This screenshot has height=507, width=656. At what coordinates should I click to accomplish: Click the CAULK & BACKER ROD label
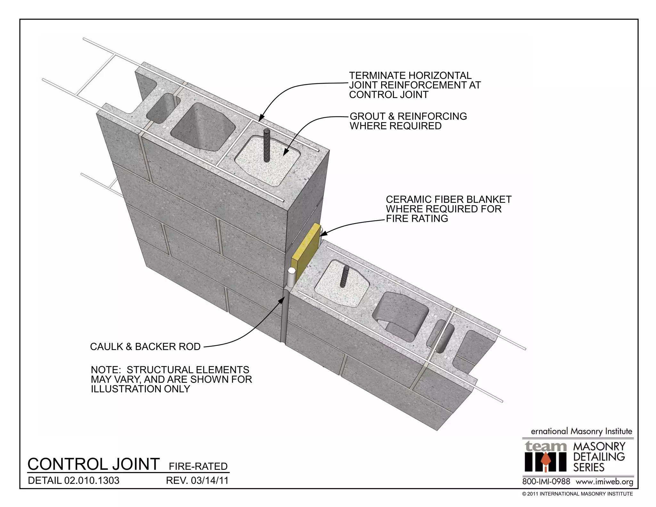(x=145, y=347)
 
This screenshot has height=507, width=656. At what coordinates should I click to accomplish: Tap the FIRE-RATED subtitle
(x=198, y=466)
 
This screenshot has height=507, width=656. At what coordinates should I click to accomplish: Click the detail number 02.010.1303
(x=92, y=481)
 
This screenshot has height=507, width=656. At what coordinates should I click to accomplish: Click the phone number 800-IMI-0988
(x=546, y=482)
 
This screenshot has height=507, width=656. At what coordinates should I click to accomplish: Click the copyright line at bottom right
(x=577, y=494)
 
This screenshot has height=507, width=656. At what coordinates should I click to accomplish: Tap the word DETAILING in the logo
(x=599, y=457)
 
